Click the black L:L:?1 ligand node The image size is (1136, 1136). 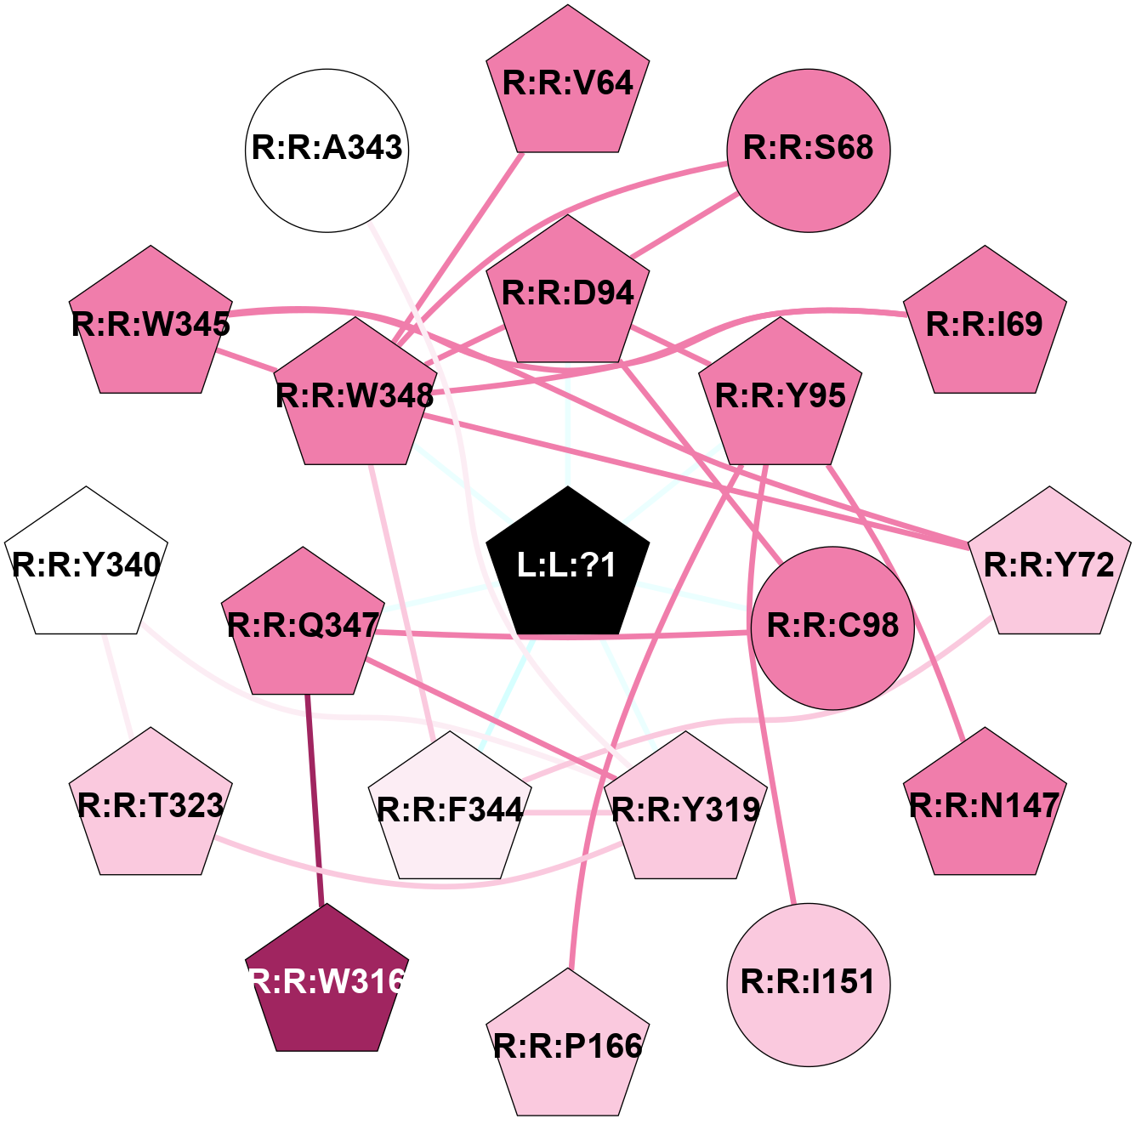567,565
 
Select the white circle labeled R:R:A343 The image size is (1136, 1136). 327,150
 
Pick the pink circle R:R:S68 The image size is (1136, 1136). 808,150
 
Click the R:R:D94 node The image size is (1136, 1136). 567,293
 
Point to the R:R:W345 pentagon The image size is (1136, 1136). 151,324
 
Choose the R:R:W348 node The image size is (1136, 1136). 355,395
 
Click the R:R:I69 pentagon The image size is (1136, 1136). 985,324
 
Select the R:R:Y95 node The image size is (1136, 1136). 781,395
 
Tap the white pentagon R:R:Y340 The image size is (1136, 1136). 86,565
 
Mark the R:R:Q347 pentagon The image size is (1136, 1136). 304,626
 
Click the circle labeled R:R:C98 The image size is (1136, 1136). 832,628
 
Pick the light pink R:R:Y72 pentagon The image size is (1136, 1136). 1049,565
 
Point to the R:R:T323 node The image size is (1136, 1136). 151,805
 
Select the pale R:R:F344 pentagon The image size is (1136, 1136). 450,809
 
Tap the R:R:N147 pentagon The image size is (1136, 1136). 985,805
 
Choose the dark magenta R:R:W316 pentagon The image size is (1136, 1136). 327,982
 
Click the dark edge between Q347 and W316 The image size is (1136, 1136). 314,799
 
